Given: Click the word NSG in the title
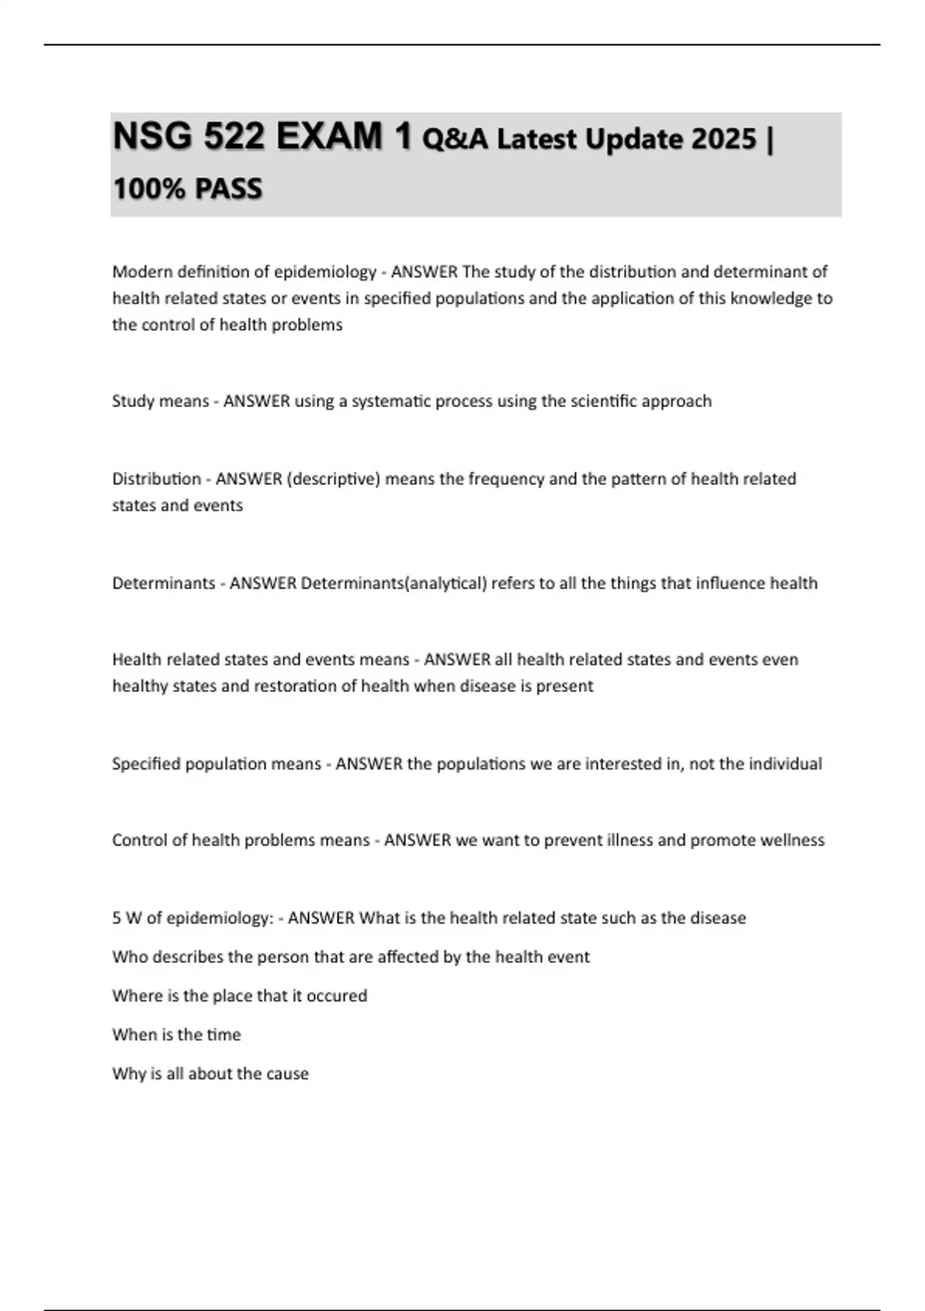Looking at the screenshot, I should pyautogui.click(x=151, y=136).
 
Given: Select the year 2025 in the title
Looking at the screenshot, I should pyautogui.click(x=724, y=139).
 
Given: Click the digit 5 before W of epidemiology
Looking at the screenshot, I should pyautogui.click(x=116, y=918).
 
